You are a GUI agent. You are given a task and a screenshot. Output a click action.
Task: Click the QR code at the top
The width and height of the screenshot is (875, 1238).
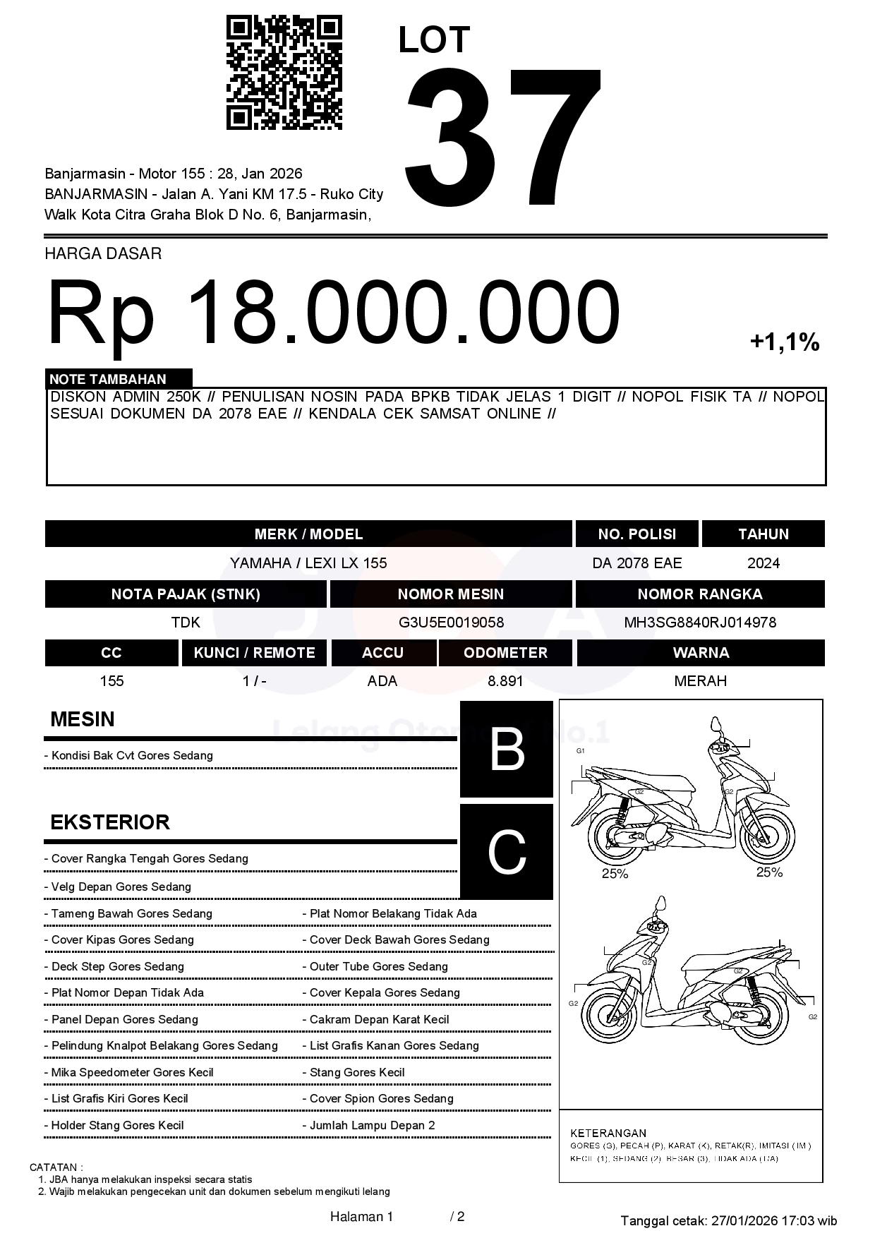pyautogui.click(x=284, y=73)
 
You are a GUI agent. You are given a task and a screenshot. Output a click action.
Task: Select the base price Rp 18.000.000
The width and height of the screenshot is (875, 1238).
pyautogui.click(x=333, y=311)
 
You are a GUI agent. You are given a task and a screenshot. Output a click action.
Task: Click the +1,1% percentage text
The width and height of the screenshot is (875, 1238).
pyautogui.click(x=784, y=342)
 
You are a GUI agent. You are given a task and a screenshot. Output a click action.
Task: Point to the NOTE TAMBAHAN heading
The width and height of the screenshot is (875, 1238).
pyautogui.click(x=107, y=379)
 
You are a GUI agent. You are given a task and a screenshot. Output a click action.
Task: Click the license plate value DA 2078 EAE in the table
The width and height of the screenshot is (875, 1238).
pyautogui.click(x=636, y=563)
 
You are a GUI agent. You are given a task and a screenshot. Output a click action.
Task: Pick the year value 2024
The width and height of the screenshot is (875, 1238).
pyautogui.click(x=763, y=563)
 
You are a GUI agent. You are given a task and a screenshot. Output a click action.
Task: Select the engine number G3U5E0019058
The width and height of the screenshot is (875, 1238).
pyautogui.click(x=451, y=623)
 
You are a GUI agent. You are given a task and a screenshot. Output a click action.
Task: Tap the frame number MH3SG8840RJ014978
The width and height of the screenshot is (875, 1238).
pyautogui.click(x=699, y=623)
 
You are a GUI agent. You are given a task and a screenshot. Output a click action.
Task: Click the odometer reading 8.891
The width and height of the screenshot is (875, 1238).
pyautogui.click(x=505, y=681)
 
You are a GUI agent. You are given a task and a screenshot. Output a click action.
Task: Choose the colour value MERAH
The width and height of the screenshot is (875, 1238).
pyautogui.click(x=700, y=681)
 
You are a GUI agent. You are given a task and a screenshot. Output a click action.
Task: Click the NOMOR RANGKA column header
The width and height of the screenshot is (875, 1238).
pyautogui.click(x=699, y=594)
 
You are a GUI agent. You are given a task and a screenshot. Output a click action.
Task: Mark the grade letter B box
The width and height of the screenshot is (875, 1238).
pyautogui.click(x=507, y=749)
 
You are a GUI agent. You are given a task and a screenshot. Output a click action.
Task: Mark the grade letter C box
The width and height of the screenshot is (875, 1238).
pyautogui.click(x=507, y=852)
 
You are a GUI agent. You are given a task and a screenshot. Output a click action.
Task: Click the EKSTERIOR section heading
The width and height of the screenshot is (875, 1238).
pyautogui.click(x=110, y=822)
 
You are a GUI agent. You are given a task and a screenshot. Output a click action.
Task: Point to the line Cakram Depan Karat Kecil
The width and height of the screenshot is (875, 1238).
pyautogui.click(x=379, y=1019)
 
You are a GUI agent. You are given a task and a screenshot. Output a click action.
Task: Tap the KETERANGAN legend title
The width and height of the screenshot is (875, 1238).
pyautogui.click(x=608, y=1133)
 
